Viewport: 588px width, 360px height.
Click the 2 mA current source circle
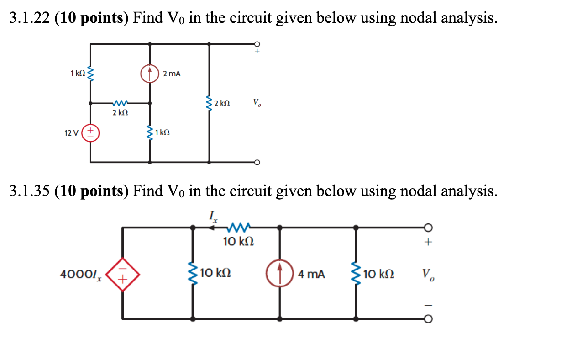(150, 74)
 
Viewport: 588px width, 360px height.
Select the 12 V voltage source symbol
(90, 133)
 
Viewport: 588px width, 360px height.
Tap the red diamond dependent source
(122, 275)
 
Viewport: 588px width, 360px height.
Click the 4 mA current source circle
(279, 275)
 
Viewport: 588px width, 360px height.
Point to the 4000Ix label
(80, 275)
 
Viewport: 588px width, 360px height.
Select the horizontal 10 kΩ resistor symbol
(238, 226)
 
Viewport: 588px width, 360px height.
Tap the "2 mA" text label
(172, 74)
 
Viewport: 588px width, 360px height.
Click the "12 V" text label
(71, 133)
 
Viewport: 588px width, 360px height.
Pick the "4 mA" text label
(311, 275)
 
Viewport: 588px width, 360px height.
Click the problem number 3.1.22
(29, 18)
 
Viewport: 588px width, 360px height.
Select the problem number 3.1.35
(29, 191)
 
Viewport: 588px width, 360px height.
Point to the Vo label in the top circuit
(257, 103)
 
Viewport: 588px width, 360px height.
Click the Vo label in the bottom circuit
(428, 275)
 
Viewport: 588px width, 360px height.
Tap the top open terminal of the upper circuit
(257, 44)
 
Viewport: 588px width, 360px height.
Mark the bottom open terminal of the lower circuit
(428, 318)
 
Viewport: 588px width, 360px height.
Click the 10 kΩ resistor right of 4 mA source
(356, 275)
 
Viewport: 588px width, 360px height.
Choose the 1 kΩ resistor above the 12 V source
(90, 73)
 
